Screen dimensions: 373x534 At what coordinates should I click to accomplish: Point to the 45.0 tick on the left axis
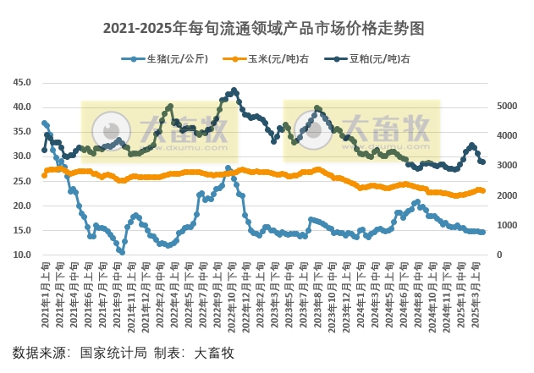[23, 83]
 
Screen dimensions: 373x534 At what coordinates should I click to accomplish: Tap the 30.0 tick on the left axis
[23, 156]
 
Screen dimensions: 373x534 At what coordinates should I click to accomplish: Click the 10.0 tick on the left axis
[23, 255]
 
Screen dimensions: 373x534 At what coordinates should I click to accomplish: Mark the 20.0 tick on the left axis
[23, 206]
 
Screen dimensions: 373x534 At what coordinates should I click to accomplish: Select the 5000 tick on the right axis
[504, 107]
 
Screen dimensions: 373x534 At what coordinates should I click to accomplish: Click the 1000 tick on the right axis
[504, 226]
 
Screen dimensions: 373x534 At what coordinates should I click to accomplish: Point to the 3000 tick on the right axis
[504, 166]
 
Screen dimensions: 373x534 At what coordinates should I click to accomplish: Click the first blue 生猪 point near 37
[44, 123]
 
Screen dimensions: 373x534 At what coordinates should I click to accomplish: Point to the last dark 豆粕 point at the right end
[482, 162]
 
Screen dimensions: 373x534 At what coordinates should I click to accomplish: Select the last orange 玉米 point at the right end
[482, 190]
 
